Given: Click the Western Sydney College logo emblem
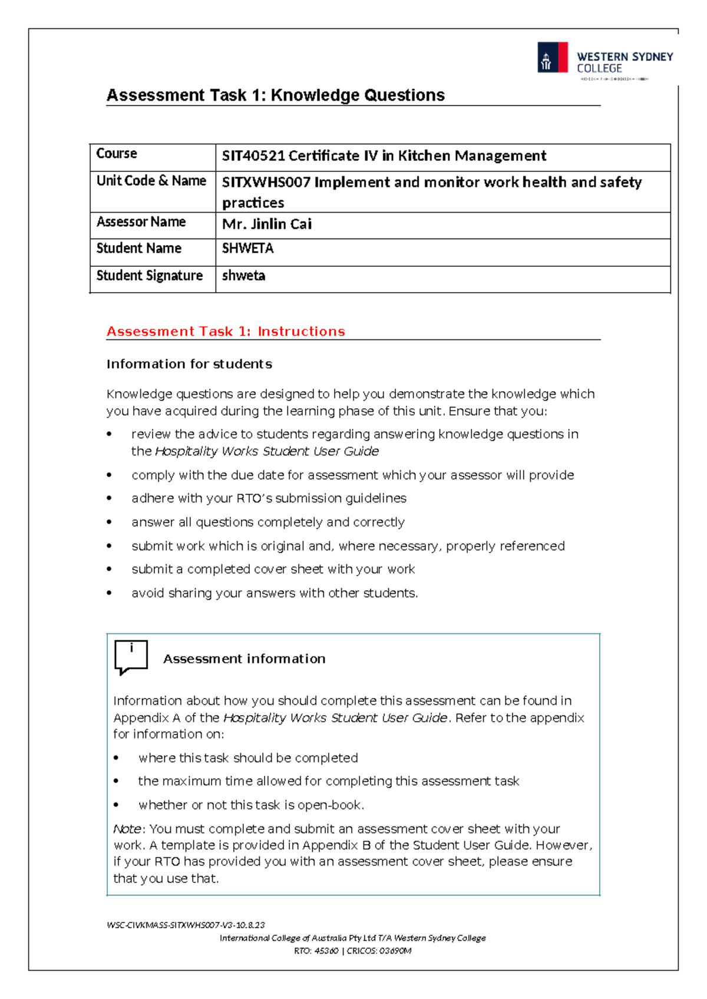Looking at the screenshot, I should [552, 58].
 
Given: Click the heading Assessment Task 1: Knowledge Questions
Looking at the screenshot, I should [275, 95].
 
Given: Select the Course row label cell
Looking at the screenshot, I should [117, 154].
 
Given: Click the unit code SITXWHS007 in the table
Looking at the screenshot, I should [266, 183].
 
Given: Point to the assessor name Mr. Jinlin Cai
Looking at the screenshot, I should [266, 224].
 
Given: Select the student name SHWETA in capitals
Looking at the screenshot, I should [247, 249].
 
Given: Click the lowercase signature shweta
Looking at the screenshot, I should [243, 276].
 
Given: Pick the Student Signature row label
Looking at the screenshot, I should [149, 276].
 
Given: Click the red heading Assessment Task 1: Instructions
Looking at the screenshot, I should [225, 332].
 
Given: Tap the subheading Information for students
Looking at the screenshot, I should [189, 364].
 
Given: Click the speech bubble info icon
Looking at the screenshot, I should [131, 656].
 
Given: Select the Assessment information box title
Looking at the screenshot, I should [244, 659].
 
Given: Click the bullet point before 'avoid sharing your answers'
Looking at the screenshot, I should [109, 593].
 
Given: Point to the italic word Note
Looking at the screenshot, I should [127, 829].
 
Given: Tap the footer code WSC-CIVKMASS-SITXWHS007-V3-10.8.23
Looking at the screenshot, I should [186, 925].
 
